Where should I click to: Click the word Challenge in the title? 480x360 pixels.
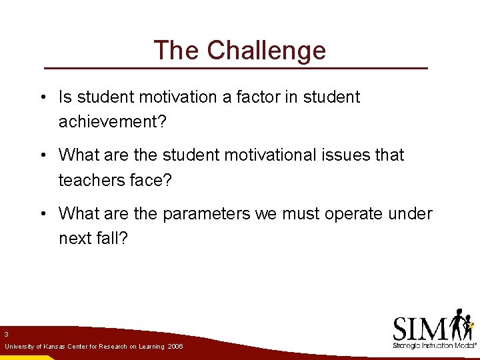[267, 51]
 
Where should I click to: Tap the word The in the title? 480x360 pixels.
[177, 51]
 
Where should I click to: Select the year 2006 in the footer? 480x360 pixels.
[176, 347]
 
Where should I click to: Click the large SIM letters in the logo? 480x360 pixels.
[420, 328]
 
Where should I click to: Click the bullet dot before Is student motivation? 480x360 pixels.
[42, 98]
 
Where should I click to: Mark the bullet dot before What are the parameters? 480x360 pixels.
[42, 215]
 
